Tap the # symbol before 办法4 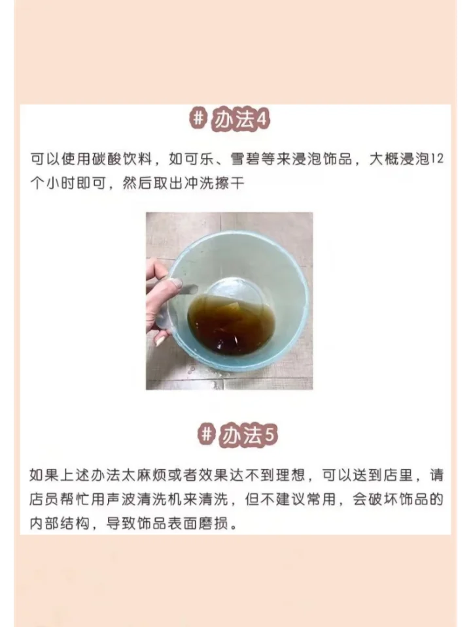pyautogui.click(x=197, y=120)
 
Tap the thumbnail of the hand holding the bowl pyautogui.click(x=229, y=300)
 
